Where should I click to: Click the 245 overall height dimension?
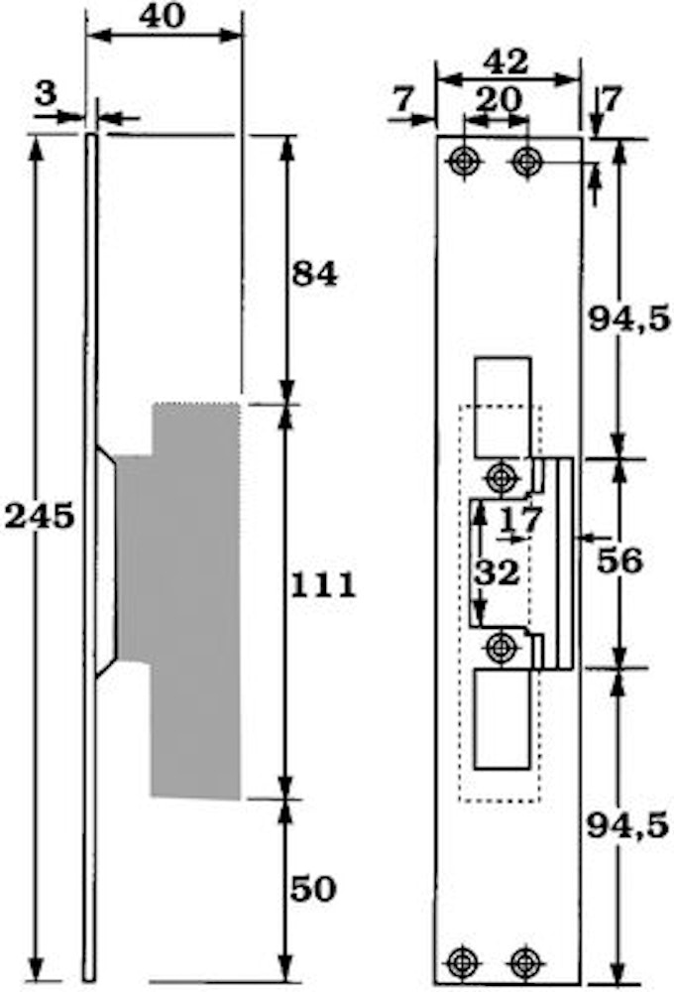tap(40, 517)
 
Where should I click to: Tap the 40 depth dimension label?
tap(163, 17)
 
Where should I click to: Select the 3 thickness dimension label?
tap(46, 94)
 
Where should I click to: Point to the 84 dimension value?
tap(314, 275)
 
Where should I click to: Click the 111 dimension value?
tap(323, 586)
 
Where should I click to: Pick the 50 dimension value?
tap(313, 890)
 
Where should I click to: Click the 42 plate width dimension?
tap(505, 62)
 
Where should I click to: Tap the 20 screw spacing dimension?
tap(500, 99)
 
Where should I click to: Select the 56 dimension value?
tap(619, 560)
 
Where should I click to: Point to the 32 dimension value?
tap(498, 572)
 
